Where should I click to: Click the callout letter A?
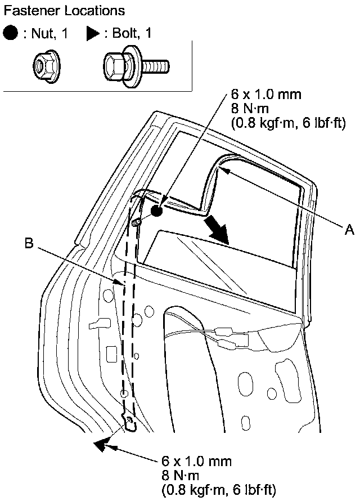[349, 229]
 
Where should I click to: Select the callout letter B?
[31, 244]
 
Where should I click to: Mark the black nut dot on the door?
[156, 211]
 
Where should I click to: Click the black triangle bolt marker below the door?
[101, 445]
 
